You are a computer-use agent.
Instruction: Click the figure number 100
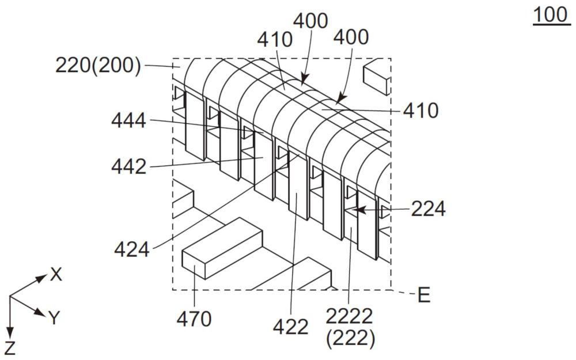tap(551, 16)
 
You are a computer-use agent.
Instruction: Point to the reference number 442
tap(130, 168)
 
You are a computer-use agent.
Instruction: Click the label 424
tap(132, 249)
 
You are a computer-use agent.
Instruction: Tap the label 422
tap(291, 327)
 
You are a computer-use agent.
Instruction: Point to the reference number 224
tap(428, 210)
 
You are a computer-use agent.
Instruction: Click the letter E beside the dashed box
tap(424, 296)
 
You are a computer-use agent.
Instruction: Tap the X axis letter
tap(56, 275)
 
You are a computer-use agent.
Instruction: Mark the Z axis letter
tap(10, 348)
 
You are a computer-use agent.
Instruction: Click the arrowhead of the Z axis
tap(10, 333)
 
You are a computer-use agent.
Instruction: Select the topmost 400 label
tap(310, 21)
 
